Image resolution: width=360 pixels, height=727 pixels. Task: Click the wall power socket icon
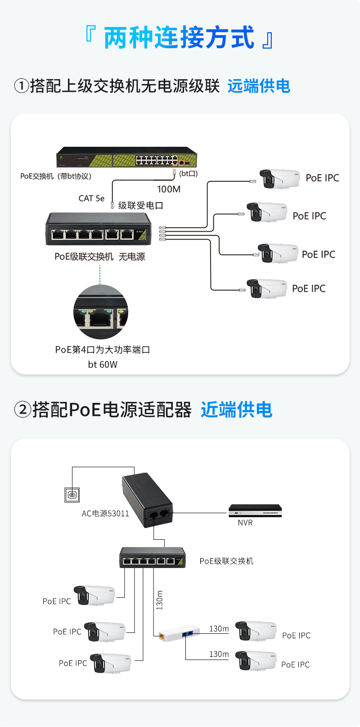pyautogui.click(x=72, y=495)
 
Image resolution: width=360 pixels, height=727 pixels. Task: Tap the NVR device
pyautogui.click(x=255, y=510)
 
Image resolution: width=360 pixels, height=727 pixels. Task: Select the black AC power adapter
pyautogui.click(x=148, y=500)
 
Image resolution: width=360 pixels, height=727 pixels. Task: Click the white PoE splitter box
pyautogui.click(x=179, y=632)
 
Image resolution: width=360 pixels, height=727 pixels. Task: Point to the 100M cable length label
pyautogui.click(x=169, y=190)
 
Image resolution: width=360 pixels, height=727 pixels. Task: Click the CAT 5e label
pyautogui.click(x=91, y=199)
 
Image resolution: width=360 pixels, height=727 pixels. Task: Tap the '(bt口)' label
pyautogui.click(x=188, y=174)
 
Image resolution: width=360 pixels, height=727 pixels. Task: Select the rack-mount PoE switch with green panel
pyautogui.click(x=126, y=157)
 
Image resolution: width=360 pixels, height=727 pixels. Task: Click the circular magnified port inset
pyautogui.click(x=100, y=312)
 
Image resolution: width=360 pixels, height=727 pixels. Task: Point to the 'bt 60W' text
pyautogui.click(x=103, y=365)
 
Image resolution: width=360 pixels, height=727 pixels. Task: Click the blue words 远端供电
pyautogui.click(x=259, y=86)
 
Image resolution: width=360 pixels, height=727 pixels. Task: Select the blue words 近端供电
pyautogui.click(x=237, y=410)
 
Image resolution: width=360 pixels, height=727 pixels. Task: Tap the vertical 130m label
pyautogui.click(x=160, y=600)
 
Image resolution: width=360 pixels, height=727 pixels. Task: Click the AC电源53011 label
pyautogui.click(x=105, y=514)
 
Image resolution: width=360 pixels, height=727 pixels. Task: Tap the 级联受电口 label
pyautogui.click(x=140, y=206)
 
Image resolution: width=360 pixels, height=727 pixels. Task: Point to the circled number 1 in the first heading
pyautogui.click(x=22, y=86)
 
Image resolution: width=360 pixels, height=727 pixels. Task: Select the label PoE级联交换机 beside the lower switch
pyautogui.click(x=226, y=561)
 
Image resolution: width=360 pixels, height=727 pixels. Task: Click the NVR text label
pyautogui.click(x=245, y=523)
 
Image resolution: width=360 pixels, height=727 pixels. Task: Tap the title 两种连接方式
pyautogui.click(x=179, y=37)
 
